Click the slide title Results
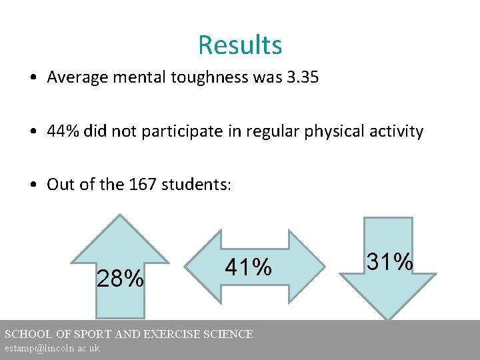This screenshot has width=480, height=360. pos(240,45)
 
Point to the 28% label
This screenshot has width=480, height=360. pos(120,279)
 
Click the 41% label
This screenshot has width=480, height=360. pos(248,267)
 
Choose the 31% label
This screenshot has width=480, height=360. pos(389,262)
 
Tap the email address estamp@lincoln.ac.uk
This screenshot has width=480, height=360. pos(52,349)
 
